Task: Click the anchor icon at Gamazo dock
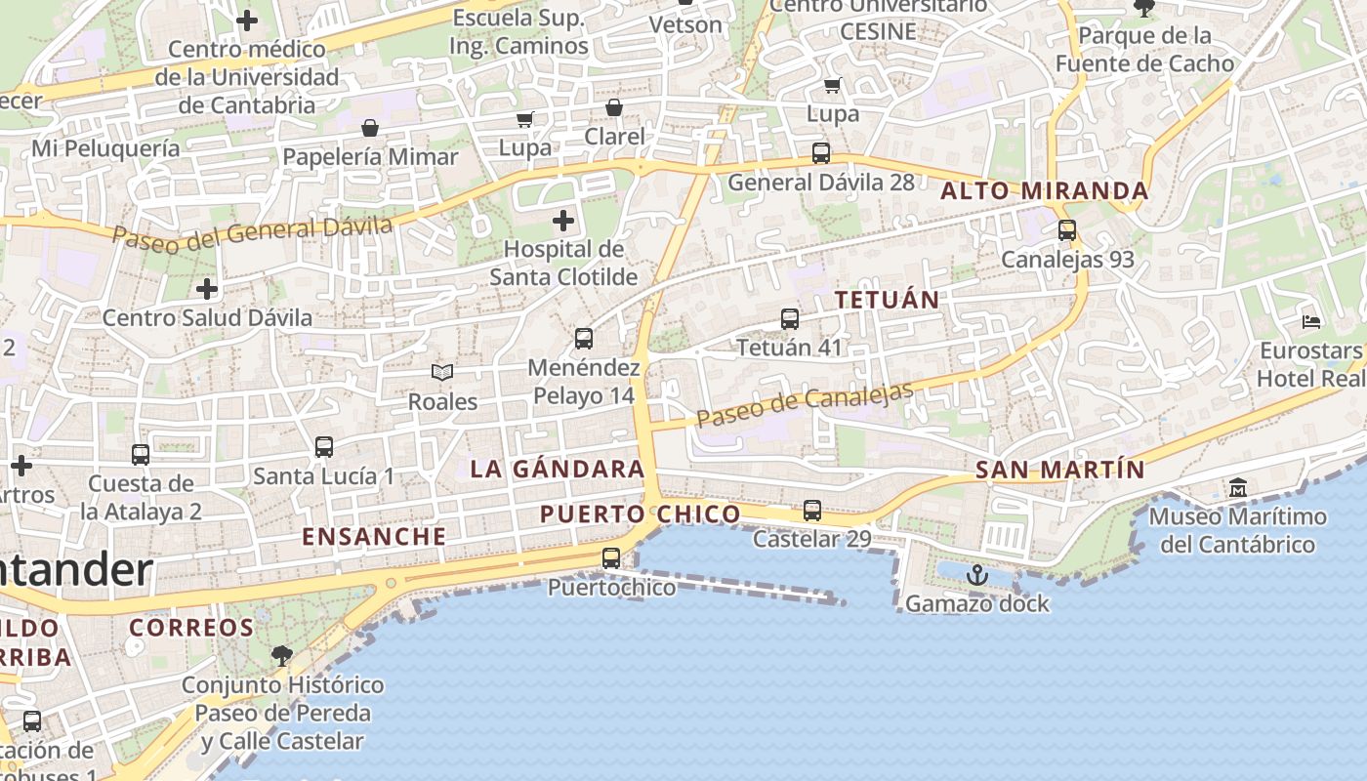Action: [x=976, y=575]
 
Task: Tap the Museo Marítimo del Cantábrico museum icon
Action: [x=1238, y=487]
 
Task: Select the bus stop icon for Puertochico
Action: [x=611, y=558]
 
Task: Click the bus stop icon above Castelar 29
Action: [x=811, y=510]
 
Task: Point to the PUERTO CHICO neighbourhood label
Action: [x=640, y=514]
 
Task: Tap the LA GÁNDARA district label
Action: [x=558, y=469]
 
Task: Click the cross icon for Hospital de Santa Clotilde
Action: [x=563, y=221]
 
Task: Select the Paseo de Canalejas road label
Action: [x=806, y=404]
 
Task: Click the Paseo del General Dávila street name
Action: [x=252, y=231]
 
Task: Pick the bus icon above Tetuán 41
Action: [x=789, y=318]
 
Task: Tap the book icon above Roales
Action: [x=442, y=372]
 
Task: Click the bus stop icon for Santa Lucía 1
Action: [x=323, y=447]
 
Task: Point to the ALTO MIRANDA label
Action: [x=1044, y=191]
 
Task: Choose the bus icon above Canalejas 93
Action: [x=1066, y=230]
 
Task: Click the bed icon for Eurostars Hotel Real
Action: [x=1311, y=321]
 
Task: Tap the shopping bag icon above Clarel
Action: [x=614, y=107]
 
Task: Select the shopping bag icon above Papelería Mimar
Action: [x=370, y=128]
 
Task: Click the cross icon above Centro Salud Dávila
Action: [x=207, y=289]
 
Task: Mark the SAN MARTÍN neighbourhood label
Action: [x=1059, y=470]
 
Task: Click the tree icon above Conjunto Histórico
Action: [x=282, y=655]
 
